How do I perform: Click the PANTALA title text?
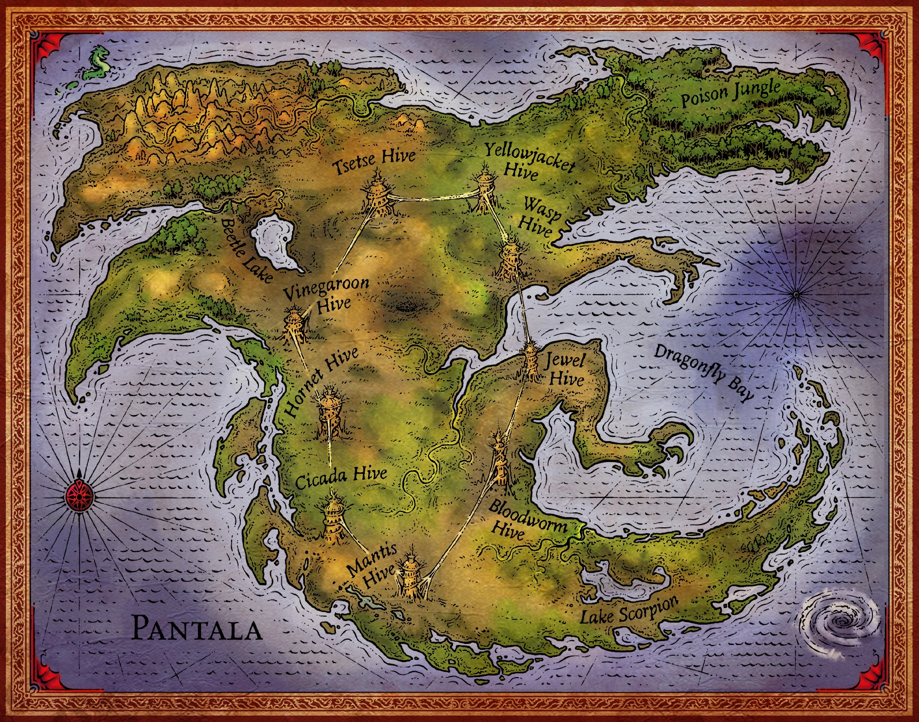pos(196,628)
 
